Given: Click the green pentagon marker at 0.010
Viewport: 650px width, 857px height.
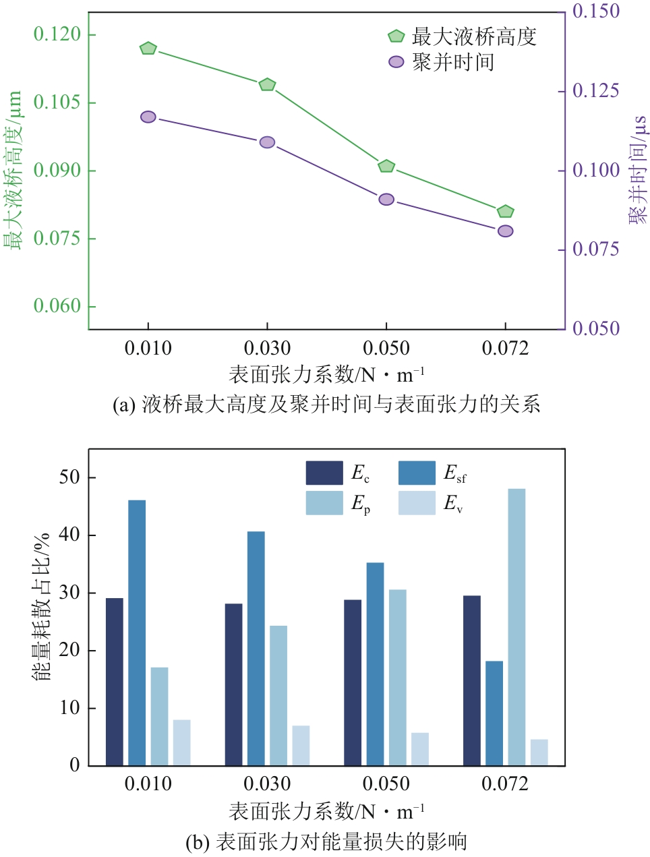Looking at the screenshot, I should coord(148,49).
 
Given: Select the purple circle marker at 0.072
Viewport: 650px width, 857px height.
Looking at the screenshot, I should coord(505,231).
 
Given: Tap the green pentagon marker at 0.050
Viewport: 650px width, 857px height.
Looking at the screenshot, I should coord(386,167).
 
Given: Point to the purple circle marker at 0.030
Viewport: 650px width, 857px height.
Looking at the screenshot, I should coord(267,142).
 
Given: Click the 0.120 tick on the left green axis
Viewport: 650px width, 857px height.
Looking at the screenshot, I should coord(57,34).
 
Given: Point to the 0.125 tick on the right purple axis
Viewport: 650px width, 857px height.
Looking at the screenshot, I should coord(595,90).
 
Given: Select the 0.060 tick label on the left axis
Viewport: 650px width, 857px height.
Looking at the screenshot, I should coord(57,306).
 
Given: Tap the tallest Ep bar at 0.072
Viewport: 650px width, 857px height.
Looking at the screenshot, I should coord(516,627).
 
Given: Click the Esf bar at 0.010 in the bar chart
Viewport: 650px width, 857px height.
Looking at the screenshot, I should coord(137,632).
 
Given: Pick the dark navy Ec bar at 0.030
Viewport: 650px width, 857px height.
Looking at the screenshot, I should coord(233,684).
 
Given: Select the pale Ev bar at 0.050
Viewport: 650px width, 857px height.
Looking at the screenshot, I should coord(419,748).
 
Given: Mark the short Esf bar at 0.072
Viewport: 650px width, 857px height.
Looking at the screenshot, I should coord(494,713).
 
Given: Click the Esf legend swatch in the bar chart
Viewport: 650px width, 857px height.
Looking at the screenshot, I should coord(417,473).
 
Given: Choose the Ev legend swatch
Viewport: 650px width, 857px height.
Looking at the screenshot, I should coord(417,503).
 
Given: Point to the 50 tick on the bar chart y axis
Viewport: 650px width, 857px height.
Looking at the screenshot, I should coord(70,477).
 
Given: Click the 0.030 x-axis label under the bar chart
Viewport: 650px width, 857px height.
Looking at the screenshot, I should coord(267,784).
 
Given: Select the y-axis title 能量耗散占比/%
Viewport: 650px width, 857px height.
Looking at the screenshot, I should coord(42,607).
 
